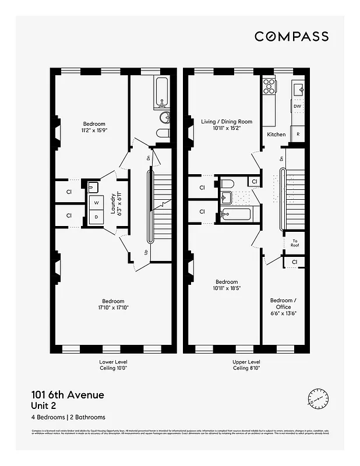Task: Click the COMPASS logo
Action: pyautogui.click(x=291, y=36)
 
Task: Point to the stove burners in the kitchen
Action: pyautogui.click(x=270, y=86)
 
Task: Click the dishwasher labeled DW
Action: pyautogui.click(x=297, y=107)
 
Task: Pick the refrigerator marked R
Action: pyautogui.click(x=298, y=134)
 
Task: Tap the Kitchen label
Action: pyautogui.click(x=276, y=135)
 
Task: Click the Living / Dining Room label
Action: pyautogui.click(x=227, y=125)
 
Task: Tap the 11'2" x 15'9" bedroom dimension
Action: pyautogui.click(x=94, y=130)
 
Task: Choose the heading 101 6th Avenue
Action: pyautogui.click(x=68, y=395)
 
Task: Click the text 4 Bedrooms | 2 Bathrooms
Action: pyautogui.click(x=68, y=417)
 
